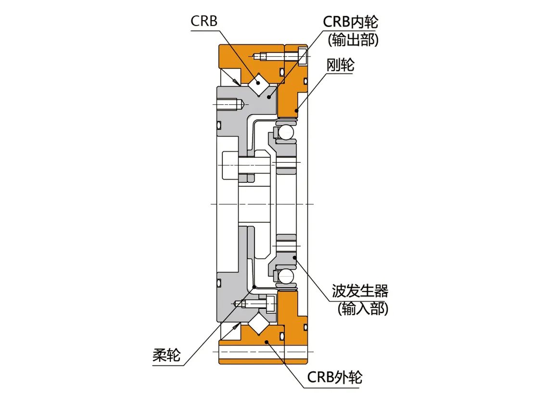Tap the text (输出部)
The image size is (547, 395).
pos(353,40)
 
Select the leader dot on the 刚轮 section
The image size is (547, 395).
pos(297,111)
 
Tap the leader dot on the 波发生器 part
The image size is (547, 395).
pos(295,260)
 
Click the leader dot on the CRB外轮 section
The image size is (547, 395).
pos(267,341)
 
